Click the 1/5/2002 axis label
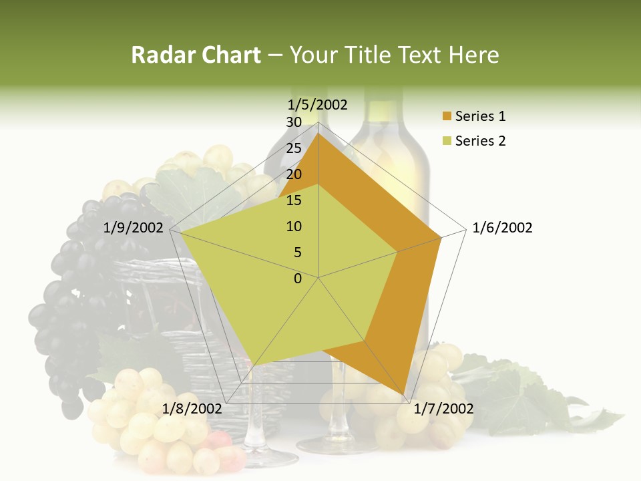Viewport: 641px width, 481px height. (318, 105)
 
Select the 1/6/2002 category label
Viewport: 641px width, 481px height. (502, 228)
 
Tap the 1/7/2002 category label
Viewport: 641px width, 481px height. (443, 408)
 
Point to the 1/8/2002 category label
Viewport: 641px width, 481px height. (193, 408)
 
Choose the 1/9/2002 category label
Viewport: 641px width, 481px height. (134, 228)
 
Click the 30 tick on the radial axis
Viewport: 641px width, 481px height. (294, 122)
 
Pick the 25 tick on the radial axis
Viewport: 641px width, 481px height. (294, 148)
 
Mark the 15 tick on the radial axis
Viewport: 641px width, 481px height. (294, 200)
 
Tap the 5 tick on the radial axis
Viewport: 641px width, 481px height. (298, 253)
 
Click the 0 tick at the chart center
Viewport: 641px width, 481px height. (298, 279)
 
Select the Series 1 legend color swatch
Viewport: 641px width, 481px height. (447, 117)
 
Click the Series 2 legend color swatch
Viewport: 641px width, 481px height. (447, 141)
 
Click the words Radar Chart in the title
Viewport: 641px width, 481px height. (196, 55)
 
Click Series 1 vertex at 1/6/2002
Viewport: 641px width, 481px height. (441, 237)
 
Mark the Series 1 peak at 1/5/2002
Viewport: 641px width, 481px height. (318, 133)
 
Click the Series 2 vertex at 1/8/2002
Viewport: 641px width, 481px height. (254, 365)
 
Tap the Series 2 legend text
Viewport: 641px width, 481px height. (480, 141)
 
